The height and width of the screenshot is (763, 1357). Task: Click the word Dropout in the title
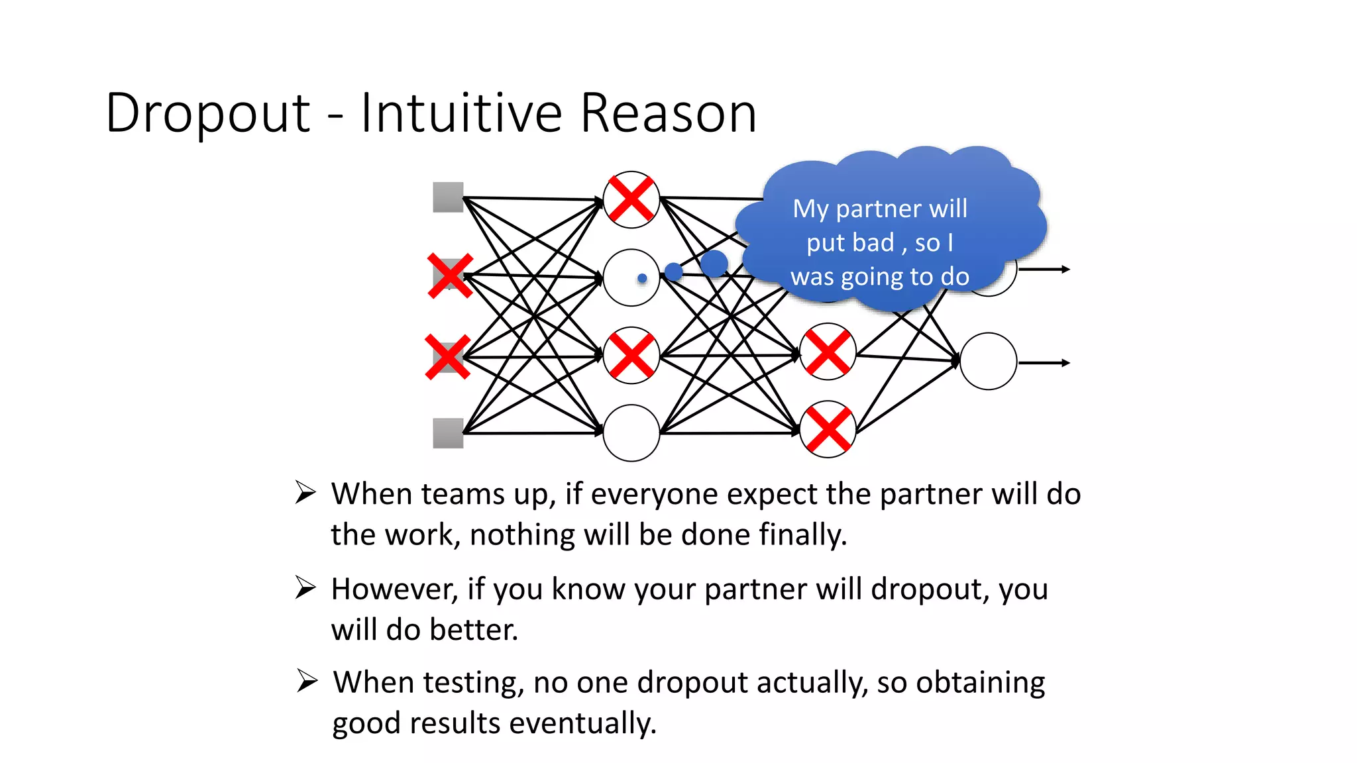pos(207,114)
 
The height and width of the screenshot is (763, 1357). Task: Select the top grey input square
pos(448,197)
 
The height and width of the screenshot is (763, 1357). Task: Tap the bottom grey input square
pos(448,433)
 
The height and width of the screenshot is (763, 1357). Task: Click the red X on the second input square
pos(450,276)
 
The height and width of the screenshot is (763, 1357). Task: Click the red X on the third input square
pos(448,357)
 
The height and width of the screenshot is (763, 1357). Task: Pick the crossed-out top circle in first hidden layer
pos(631,199)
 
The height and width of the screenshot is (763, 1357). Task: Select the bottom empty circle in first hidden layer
pos(631,433)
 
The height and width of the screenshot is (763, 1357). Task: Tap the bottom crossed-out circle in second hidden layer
pos(828,429)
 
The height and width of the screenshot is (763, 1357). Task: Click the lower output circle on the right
pos(988,361)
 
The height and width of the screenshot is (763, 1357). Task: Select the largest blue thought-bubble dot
pos(714,263)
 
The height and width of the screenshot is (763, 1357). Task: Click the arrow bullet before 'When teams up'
pos(305,493)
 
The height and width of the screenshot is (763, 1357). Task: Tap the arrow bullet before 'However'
pos(305,587)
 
